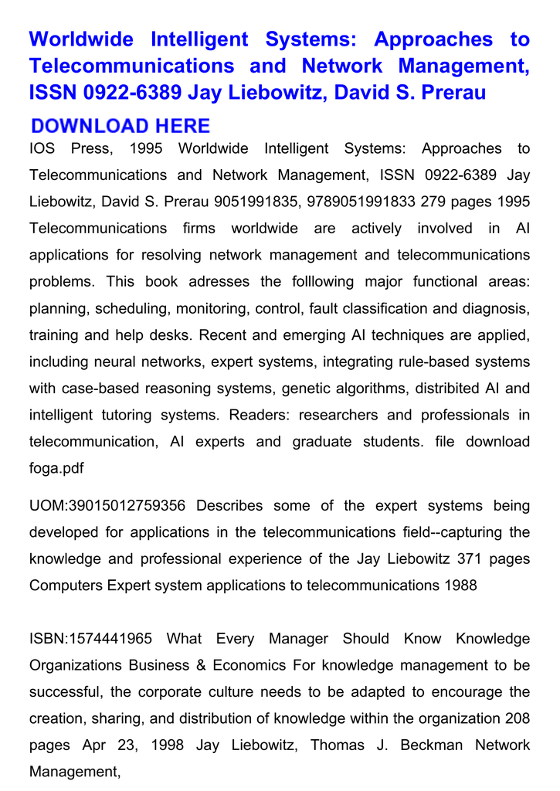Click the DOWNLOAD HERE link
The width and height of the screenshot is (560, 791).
coord(120,126)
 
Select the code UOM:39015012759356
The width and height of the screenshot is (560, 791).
coord(107,506)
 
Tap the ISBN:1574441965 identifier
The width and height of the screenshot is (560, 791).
coord(91,639)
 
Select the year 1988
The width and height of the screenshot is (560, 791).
coord(461,585)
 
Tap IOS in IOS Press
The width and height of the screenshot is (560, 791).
coord(42,148)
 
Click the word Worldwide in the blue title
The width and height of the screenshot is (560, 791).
coord(81,39)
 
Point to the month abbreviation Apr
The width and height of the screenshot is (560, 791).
coord(96,745)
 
